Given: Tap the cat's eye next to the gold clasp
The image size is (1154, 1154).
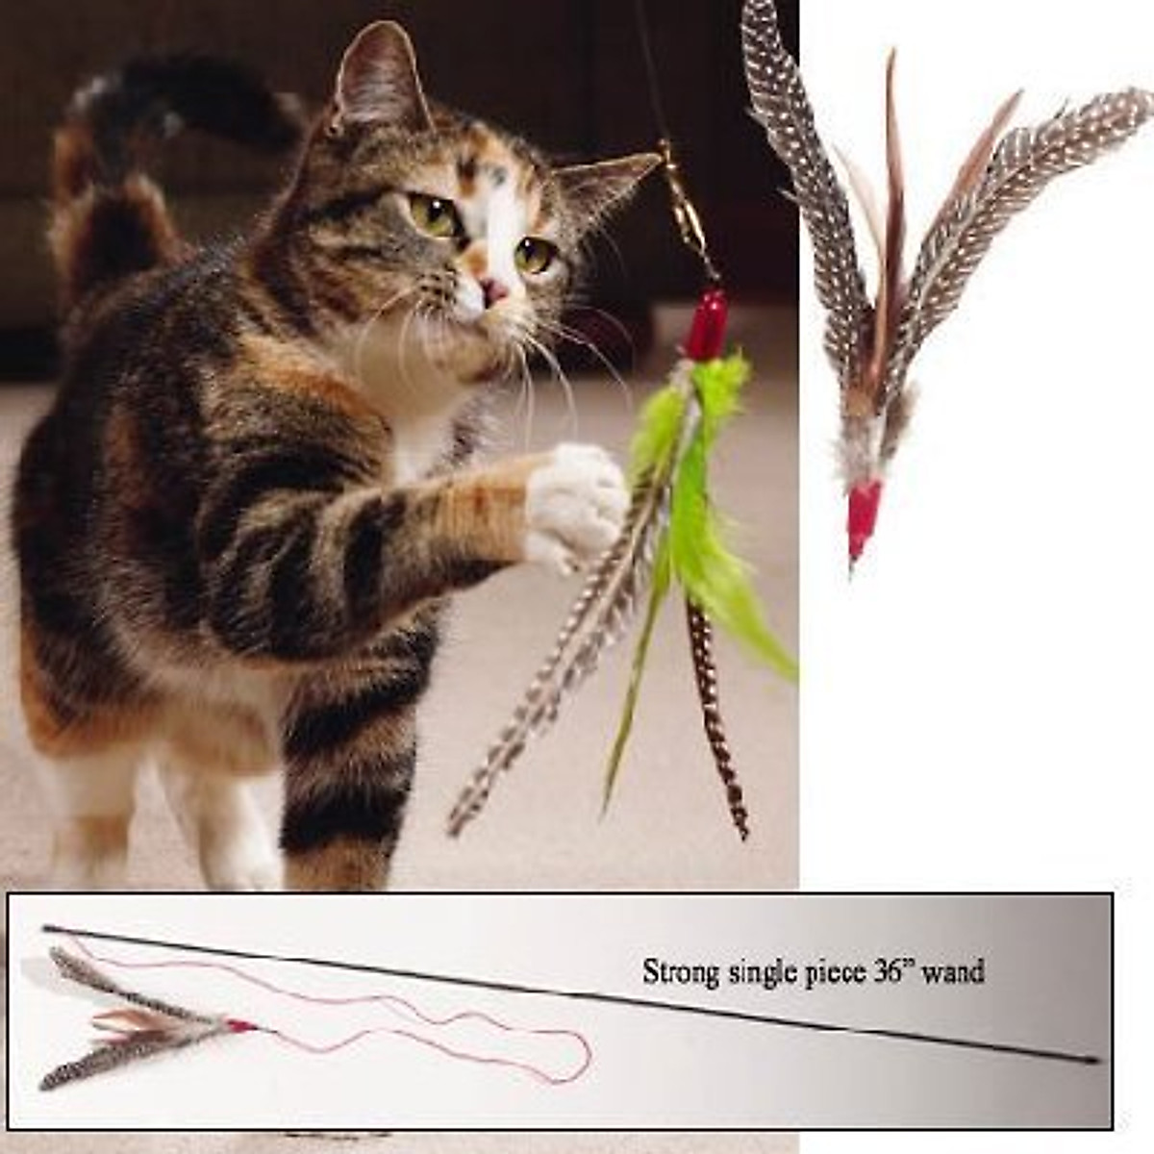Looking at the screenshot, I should click(x=534, y=255).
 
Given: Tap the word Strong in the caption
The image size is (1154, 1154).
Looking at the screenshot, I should click(x=680, y=972).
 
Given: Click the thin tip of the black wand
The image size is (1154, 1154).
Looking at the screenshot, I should click(x=46, y=928).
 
